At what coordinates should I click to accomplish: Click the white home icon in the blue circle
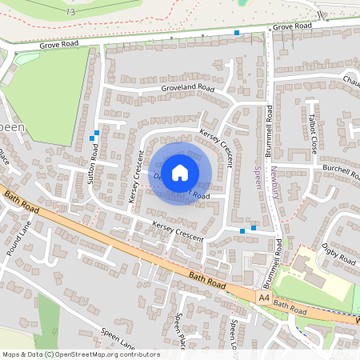pyautogui.click(x=180, y=171)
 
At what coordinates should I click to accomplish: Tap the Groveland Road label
pyautogui.click(x=188, y=88)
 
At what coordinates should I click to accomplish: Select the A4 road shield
pyautogui.click(x=264, y=298)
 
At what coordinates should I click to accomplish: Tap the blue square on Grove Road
pyautogui.click(x=237, y=33)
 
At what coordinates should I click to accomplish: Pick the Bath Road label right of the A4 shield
pyautogui.click(x=290, y=305)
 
